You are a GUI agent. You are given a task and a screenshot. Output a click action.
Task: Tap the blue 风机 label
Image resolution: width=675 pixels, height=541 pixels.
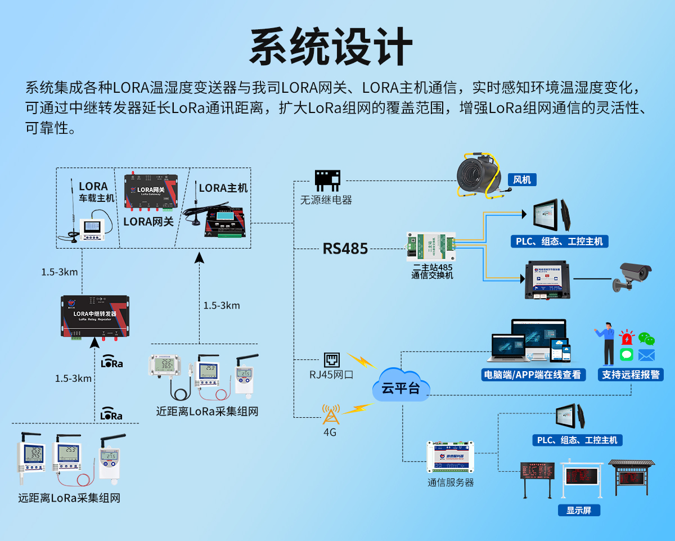click(521, 180)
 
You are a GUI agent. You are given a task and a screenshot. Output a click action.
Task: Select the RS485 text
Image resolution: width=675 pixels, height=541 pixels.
click(345, 249)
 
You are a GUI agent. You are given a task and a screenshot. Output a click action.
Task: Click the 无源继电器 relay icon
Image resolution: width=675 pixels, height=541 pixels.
click(327, 181)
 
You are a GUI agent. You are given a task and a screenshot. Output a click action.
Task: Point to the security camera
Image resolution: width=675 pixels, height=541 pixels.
click(632, 277)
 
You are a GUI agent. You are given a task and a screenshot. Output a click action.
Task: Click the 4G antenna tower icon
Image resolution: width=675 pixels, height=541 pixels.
click(330, 415)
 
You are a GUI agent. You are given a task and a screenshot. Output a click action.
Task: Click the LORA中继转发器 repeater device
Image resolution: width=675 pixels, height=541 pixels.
click(95, 317)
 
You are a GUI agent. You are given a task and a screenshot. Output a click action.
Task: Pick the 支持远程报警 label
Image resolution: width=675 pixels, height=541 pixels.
click(631, 375)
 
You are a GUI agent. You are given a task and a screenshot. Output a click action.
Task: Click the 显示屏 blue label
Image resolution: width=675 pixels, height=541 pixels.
click(579, 511)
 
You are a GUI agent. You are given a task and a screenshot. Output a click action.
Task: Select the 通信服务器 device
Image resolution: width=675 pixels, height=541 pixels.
click(450, 457)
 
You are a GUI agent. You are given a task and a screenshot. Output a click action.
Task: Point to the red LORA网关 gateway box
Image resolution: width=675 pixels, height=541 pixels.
click(151, 190)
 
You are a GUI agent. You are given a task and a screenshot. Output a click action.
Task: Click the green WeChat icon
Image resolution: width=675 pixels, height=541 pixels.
click(646, 339)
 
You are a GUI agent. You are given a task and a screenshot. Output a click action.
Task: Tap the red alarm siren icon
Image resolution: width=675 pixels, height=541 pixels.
click(626, 338)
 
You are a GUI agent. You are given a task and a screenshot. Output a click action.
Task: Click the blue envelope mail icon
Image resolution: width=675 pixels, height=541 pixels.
click(646, 355)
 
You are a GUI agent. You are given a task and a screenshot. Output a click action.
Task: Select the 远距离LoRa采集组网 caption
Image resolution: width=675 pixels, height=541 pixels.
click(69, 498)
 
